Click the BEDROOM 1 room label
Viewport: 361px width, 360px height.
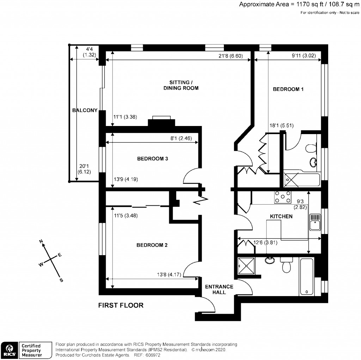tap(288, 89)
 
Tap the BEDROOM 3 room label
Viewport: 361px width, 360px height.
tap(152, 159)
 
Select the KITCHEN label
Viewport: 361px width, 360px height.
tap(281, 216)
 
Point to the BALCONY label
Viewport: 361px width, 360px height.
tap(84, 110)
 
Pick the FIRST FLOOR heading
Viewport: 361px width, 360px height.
tap(121, 305)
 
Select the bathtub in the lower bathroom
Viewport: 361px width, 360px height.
tap(306, 277)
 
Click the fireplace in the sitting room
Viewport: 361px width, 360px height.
tap(161, 122)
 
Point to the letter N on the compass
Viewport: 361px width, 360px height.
tap(41, 242)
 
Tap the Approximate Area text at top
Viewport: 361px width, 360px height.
tap(299, 5)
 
